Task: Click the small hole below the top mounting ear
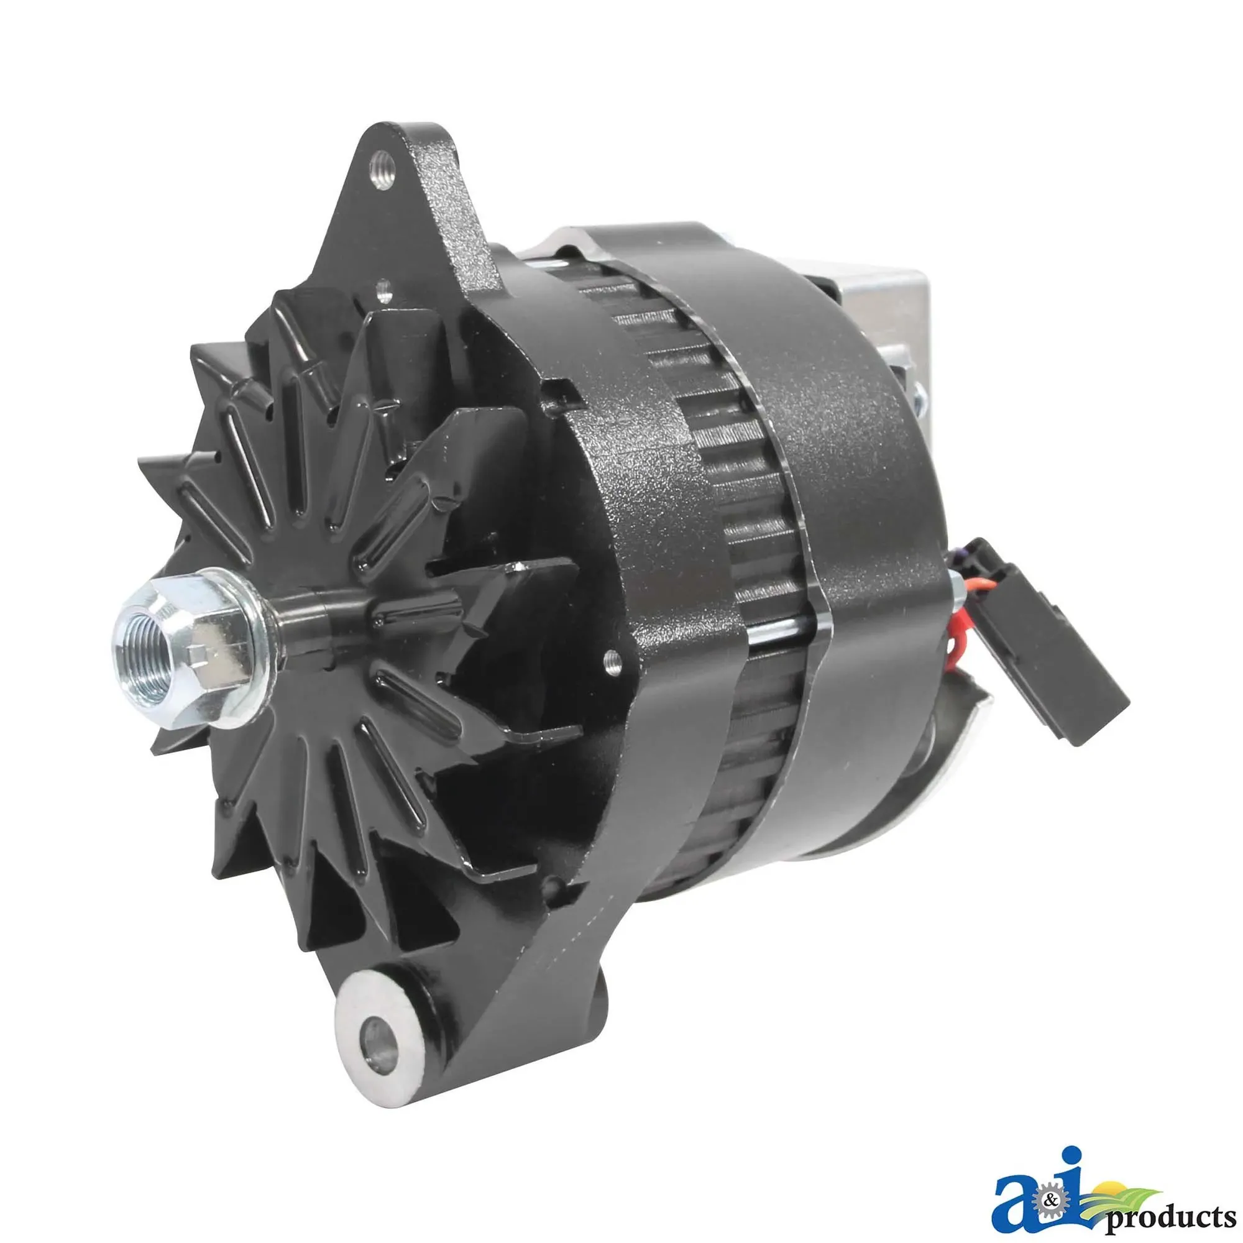click(x=384, y=291)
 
